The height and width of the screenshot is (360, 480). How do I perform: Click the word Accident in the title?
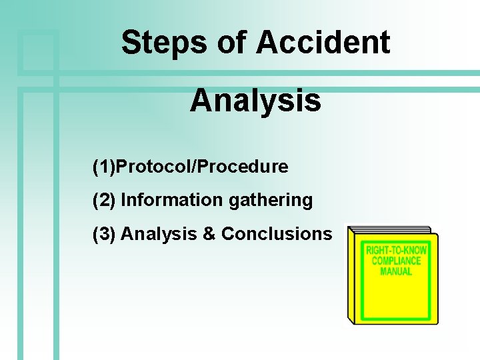tap(323, 43)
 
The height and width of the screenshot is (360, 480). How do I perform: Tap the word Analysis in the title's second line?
tap(255, 101)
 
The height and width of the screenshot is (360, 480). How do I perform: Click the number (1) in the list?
tap(104, 167)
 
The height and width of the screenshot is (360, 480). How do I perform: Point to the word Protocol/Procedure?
tap(202, 167)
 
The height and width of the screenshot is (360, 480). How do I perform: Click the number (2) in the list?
tap(104, 200)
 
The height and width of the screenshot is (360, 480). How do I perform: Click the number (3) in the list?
tap(104, 234)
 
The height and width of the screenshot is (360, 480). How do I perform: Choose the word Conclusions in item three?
tap(276, 234)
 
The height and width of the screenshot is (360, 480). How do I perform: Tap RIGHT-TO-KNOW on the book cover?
tap(397, 251)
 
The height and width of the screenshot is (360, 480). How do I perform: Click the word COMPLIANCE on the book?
tap(397, 261)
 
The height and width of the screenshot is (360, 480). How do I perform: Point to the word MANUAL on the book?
tap(397, 271)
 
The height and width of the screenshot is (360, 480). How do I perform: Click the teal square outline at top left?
tap(38, 50)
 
